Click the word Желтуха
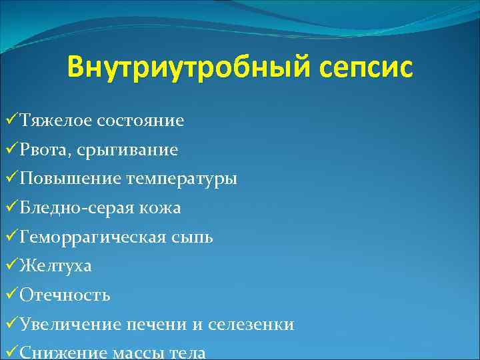56,266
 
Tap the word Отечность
65,295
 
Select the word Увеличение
71,324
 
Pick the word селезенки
251,324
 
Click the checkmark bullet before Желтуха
11,266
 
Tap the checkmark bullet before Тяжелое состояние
11,121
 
